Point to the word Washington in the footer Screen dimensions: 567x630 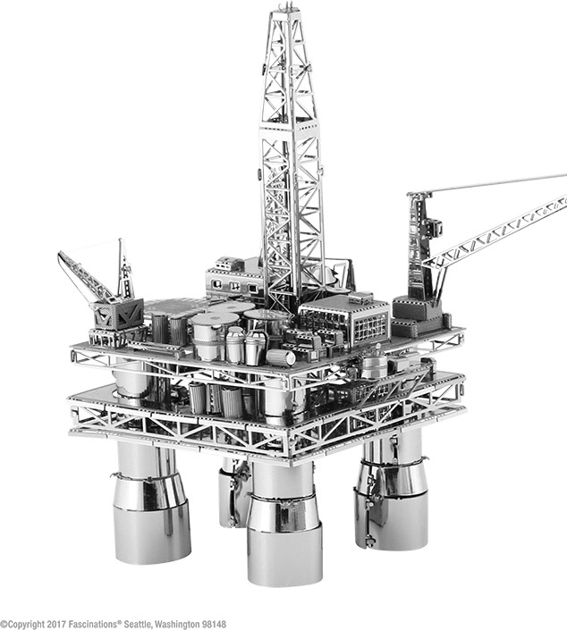pyautogui.click(x=177, y=625)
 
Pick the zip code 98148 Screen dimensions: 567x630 pyautogui.click(x=214, y=625)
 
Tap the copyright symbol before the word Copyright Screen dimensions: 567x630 pyautogui.click(x=3, y=625)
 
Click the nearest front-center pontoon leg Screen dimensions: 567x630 pyautogui.click(x=284, y=523)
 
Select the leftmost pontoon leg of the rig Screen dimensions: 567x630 pyautogui.click(x=151, y=502)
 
